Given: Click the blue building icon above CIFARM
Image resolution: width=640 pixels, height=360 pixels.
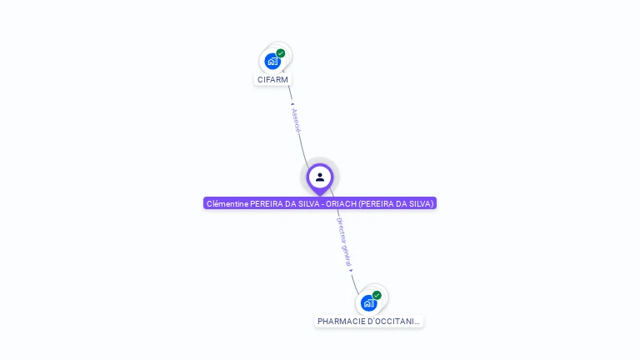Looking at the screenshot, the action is [x=272, y=61].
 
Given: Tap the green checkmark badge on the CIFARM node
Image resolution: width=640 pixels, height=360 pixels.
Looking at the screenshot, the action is [x=281, y=53].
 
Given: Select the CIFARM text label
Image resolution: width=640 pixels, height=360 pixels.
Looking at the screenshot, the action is [x=272, y=80].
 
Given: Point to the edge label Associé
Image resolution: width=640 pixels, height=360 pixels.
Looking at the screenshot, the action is [x=296, y=119].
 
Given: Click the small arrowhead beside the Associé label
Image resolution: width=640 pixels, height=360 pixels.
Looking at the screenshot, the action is [x=292, y=104].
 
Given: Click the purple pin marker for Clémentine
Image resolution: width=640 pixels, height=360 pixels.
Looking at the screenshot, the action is [x=320, y=177].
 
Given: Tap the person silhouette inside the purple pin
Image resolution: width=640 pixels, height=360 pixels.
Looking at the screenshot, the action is [x=320, y=177].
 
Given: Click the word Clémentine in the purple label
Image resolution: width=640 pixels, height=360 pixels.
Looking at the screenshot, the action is [x=227, y=203].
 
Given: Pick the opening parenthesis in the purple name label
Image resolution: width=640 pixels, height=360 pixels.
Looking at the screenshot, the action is [x=360, y=203].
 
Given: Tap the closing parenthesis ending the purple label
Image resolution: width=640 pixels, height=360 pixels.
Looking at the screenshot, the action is [x=432, y=203].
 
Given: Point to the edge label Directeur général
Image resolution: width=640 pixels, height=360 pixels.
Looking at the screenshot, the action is [x=343, y=241].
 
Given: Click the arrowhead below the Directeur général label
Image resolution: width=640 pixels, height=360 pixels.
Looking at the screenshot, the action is [x=351, y=270].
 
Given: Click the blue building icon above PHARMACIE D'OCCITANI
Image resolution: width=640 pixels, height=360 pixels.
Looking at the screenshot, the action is [x=368, y=302].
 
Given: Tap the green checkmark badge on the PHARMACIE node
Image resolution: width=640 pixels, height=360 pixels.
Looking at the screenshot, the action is [x=377, y=295].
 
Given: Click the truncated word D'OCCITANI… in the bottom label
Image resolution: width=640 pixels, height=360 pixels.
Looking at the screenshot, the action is [x=392, y=322].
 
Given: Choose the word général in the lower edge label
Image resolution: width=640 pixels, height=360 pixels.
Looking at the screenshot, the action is [x=347, y=254].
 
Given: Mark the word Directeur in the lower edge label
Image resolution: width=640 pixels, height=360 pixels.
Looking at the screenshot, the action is [x=341, y=230].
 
